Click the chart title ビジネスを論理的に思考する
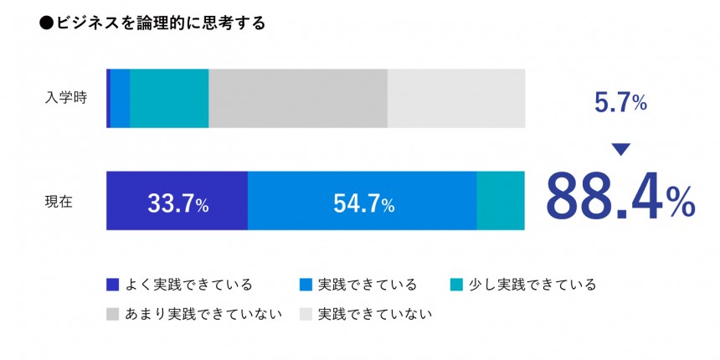(x=160, y=24)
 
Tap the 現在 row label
(x=59, y=201)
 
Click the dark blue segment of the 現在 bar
(x=177, y=201)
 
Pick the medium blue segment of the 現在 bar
(x=362, y=201)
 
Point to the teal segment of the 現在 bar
(x=501, y=201)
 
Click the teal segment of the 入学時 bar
(x=169, y=98)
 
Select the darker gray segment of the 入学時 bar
(x=298, y=98)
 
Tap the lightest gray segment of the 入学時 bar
(x=456, y=98)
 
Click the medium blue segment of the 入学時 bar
(x=120, y=98)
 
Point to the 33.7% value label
(x=177, y=203)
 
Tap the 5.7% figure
(x=620, y=103)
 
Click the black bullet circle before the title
(x=47, y=24)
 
